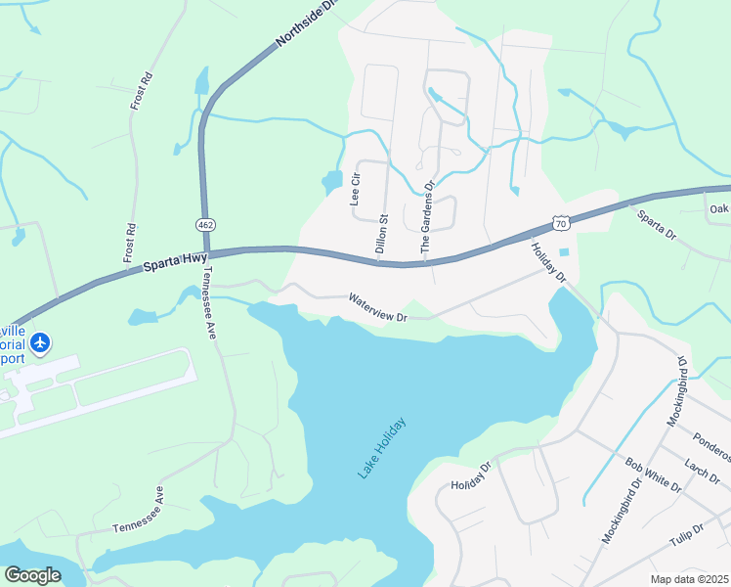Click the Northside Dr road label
tap(307, 23)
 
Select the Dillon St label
tap(382, 236)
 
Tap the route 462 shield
tap(205, 225)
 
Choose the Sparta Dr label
tap(657, 225)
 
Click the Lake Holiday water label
tap(381, 448)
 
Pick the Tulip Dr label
tap(686, 534)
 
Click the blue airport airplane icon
tap(40, 342)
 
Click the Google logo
tap(32, 575)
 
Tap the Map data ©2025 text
tap(689, 579)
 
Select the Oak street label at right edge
tap(719, 208)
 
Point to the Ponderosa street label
tap(711, 442)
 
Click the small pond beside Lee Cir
tap(332, 182)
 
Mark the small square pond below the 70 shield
tap(563, 252)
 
